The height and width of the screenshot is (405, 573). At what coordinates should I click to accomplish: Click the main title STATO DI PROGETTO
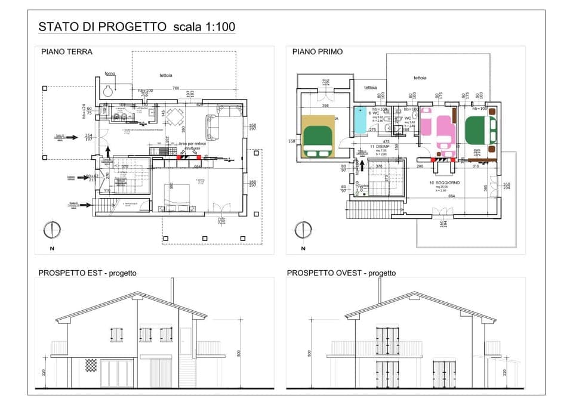point(101,27)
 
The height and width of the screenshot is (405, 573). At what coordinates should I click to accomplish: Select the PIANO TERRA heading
point(67,52)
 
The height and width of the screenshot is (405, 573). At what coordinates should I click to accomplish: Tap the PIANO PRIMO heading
point(318,52)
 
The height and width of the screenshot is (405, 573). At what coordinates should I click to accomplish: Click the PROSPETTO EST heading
point(87,273)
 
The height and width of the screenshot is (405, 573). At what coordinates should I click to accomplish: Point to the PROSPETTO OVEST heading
point(341,273)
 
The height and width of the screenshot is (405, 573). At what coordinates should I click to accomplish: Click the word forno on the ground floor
point(110,74)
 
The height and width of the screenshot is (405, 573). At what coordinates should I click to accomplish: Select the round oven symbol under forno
point(108,91)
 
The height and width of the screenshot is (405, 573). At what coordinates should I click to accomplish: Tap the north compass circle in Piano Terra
point(52,230)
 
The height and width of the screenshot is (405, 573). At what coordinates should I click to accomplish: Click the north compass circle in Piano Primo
point(303,230)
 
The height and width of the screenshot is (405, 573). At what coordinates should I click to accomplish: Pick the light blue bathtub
point(362,120)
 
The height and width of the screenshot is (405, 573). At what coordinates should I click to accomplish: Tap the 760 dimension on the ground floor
point(175,89)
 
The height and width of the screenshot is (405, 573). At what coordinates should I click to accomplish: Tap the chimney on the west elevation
point(378,289)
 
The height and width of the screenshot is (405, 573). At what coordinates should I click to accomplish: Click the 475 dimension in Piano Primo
point(386,141)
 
